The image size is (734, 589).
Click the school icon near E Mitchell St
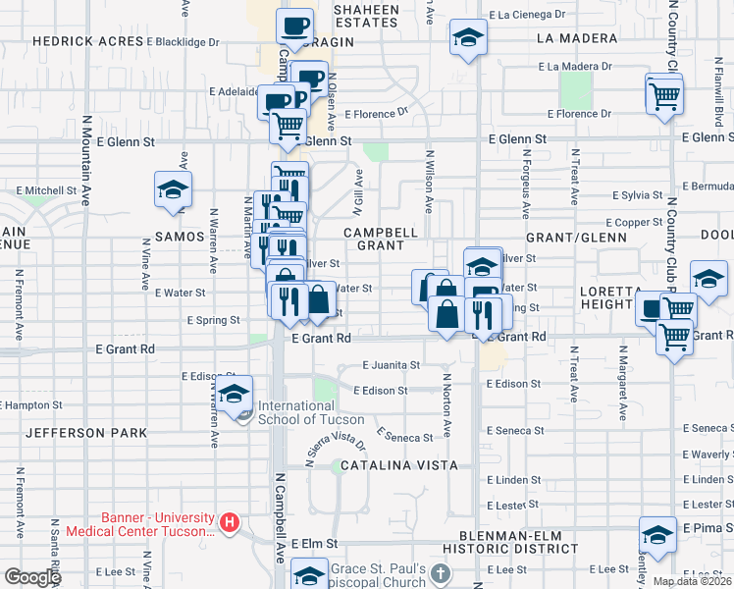(173, 188)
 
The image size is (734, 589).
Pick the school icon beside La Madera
(468, 38)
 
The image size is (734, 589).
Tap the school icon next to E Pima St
(657, 533)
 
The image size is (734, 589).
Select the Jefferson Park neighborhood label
(86, 433)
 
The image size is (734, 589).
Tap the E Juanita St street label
(391, 364)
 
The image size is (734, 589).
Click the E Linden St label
(507, 480)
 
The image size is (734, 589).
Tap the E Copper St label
(635, 223)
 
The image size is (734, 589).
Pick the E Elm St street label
(314, 543)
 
